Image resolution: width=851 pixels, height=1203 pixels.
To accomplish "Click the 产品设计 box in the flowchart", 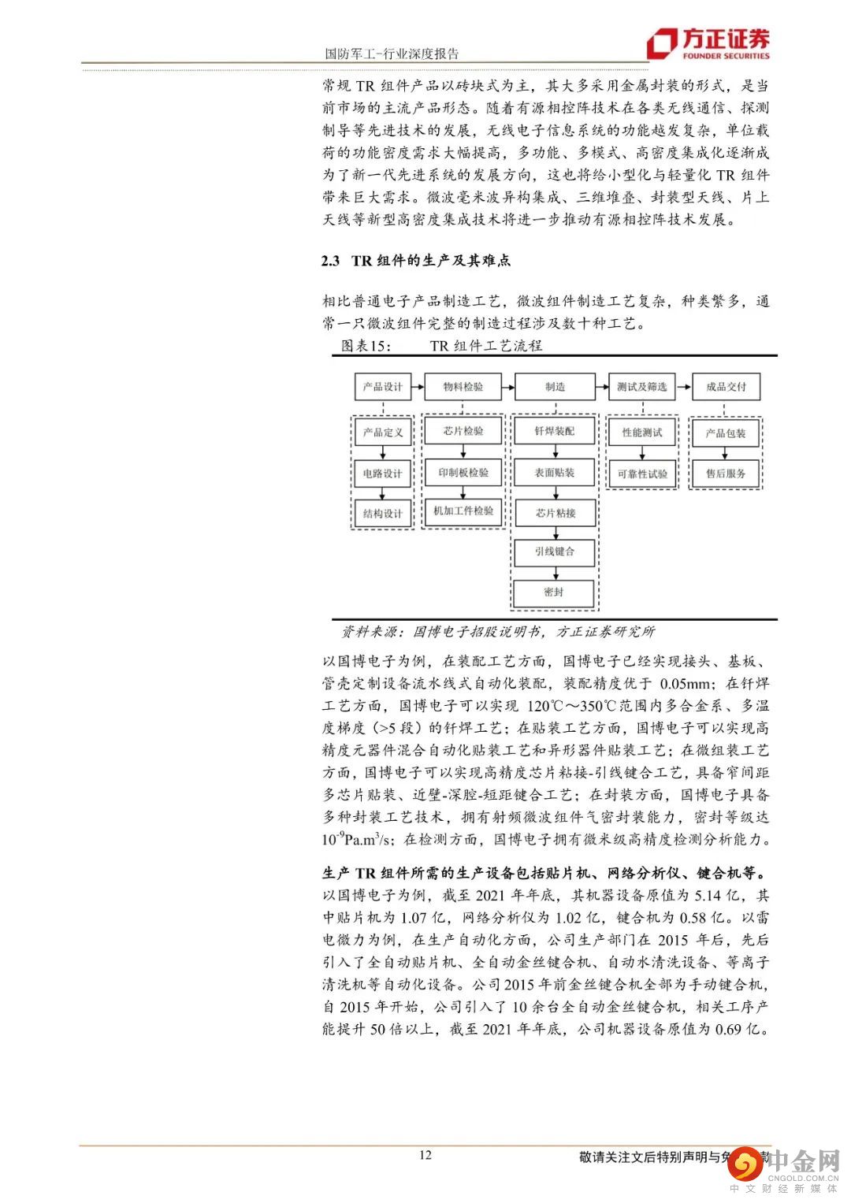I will [x=382, y=387].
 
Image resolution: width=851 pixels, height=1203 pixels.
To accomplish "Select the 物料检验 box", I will [x=463, y=387].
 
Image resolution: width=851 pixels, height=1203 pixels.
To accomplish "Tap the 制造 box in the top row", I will [x=555, y=387].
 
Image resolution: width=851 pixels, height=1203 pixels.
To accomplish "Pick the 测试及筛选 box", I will [x=641, y=387].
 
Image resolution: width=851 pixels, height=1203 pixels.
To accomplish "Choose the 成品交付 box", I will [x=726, y=387].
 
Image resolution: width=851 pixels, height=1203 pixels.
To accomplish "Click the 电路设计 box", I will [x=382, y=473].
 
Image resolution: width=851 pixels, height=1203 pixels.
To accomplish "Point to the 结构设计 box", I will [x=382, y=514].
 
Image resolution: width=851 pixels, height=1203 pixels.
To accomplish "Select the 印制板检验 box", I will [x=463, y=473].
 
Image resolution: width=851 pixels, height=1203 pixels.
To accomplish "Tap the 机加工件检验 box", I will [x=463, y=511].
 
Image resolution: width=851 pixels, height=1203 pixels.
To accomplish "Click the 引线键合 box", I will [x=555, y=551].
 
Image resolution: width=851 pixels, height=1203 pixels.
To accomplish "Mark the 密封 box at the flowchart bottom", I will [x=554, y=592].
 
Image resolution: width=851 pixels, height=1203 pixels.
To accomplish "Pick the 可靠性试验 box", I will [x=642, y=473].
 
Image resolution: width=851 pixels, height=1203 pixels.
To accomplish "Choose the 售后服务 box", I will [x=726, y=473].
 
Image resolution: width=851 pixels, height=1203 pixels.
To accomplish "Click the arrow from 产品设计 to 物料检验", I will [x=418, y=387].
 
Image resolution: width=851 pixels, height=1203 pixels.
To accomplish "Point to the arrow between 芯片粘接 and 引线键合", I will [x=555, y=533].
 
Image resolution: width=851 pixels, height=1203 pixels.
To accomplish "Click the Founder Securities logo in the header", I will [x=708, y=44].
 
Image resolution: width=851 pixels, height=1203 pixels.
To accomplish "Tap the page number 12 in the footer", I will [x=425, y=1155].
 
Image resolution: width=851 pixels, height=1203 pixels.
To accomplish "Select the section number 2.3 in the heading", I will [x=330, y=261].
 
